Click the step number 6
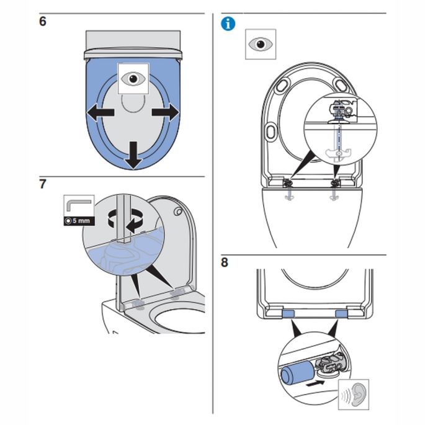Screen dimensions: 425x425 (42, 21)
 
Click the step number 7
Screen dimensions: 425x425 (42, 185)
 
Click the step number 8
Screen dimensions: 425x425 (225, 262)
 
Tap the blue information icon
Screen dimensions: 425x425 (229, 24)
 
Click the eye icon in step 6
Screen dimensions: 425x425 (132, 79)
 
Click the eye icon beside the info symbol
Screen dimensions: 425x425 (261, 44)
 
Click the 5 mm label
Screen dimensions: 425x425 (79, 221)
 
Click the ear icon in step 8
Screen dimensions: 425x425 (354, 395)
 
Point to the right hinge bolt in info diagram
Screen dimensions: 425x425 (336, 184)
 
